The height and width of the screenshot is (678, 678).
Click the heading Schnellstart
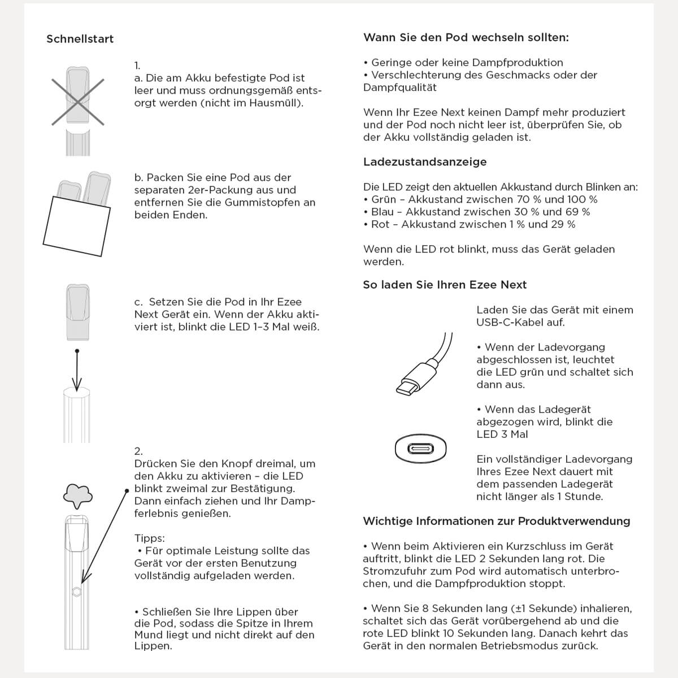click(80, 39)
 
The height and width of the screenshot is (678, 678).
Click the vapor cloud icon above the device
click(78, 496)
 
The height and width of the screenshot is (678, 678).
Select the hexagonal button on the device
click(76, 592)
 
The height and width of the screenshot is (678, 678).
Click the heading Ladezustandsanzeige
click(424, 162)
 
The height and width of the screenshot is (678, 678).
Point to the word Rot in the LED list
click(380, 224)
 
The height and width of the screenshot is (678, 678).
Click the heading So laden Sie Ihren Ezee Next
click(445, 285)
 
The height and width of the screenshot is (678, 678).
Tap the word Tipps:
click(149, 538)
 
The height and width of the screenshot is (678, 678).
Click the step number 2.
click(138, 451)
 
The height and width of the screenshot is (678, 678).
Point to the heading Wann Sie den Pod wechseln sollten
click(466, 38)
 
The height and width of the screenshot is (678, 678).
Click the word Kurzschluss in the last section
click(538, 546)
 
